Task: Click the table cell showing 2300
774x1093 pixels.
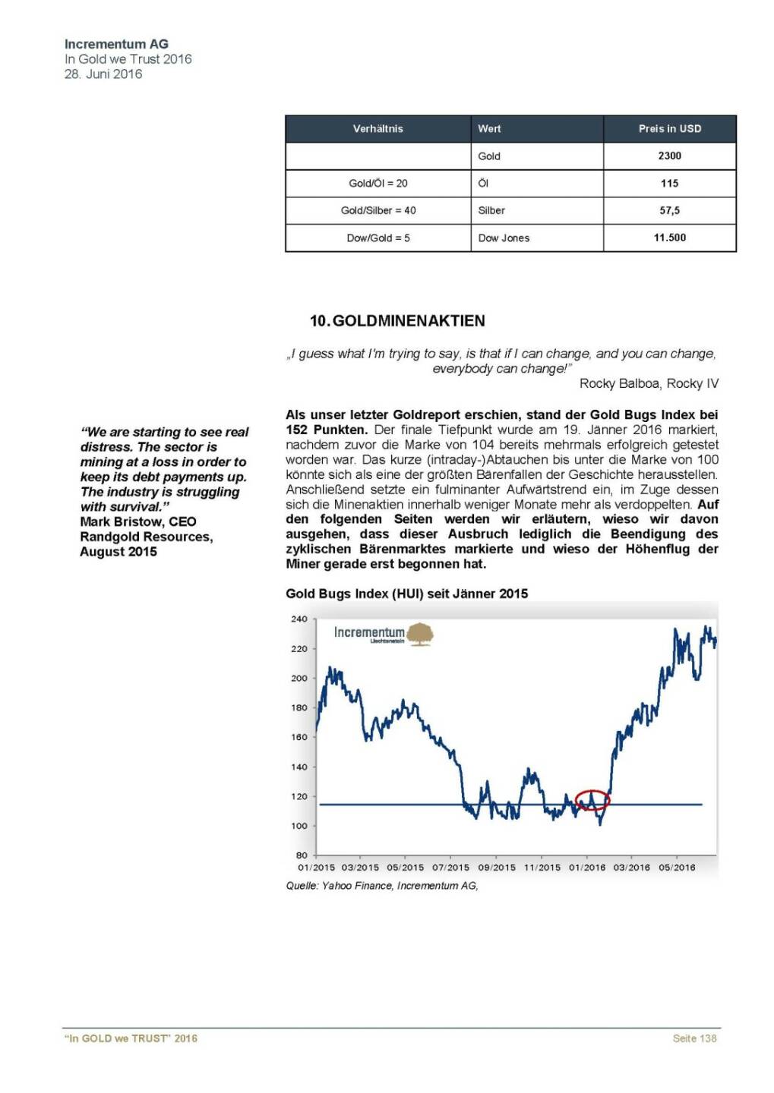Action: (x=669, y=156)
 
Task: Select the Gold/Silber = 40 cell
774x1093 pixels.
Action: (x=378, y=210)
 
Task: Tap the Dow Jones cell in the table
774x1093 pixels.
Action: (x=504, y=238)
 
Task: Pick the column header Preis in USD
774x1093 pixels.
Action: (x=669, y=128)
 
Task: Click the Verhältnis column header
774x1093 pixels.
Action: (x=378, y=128)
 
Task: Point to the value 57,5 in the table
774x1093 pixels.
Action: (x=669, y=210)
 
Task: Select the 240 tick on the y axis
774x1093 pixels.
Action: (x=299, y=619)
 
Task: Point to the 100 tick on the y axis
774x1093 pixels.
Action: (x=299, y=826)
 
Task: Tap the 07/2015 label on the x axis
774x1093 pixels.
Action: (x=451, y=868)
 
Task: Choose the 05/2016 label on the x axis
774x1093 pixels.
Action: (x=677, y=868)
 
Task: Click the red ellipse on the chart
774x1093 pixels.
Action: (x=592, y=800)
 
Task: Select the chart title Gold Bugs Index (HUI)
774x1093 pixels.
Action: (x=406, y=594)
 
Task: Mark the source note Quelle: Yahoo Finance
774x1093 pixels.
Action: (x=381, y=886)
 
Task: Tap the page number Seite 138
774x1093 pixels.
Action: (x=694, y=1038)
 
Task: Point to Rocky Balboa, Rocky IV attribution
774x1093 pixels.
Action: (x=648, y=383)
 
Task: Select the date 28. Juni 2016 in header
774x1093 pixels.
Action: (x=103, y=74)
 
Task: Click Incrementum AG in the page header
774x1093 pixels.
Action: (x=116, y=44)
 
